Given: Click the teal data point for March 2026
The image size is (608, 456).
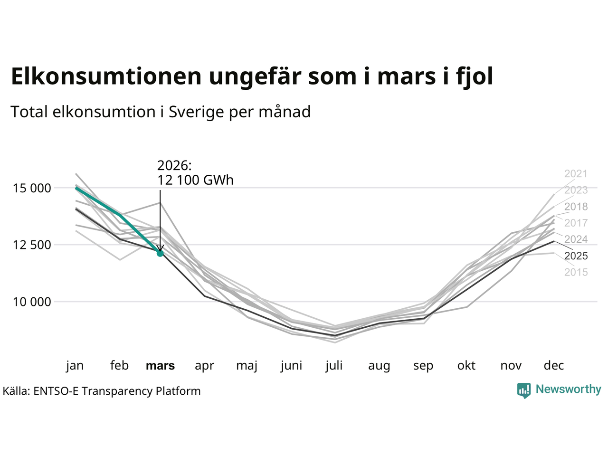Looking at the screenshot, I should coord(160,253).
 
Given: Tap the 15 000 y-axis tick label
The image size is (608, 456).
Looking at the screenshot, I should coord(31,188).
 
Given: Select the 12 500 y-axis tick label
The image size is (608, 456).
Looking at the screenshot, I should coord(31,245).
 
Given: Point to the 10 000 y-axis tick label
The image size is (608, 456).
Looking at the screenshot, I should coord(31,302).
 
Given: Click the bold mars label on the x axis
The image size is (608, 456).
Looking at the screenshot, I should coord(160,366).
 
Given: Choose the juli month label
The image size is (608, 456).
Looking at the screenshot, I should coord(334,366).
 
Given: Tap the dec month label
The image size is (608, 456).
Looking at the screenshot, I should coord(553,366).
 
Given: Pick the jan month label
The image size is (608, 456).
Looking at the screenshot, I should coord(75,366).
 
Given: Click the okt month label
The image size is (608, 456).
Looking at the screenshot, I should coord(466,366).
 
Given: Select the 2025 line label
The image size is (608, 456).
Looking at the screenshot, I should coord(576,256).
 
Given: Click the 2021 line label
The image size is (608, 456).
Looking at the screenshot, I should coord(576,174).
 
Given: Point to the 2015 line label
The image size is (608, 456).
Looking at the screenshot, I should coord(576,272).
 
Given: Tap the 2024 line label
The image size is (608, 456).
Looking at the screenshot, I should coord(576,239).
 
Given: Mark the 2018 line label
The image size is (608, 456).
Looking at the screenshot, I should coord(576,207).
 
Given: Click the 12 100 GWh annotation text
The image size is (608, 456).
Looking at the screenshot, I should coord(195,180).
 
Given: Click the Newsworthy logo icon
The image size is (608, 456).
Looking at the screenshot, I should coord(523,390).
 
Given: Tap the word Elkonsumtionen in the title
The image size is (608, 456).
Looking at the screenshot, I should coord(106,76).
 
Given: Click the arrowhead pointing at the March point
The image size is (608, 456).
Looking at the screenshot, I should coord(160,248).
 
